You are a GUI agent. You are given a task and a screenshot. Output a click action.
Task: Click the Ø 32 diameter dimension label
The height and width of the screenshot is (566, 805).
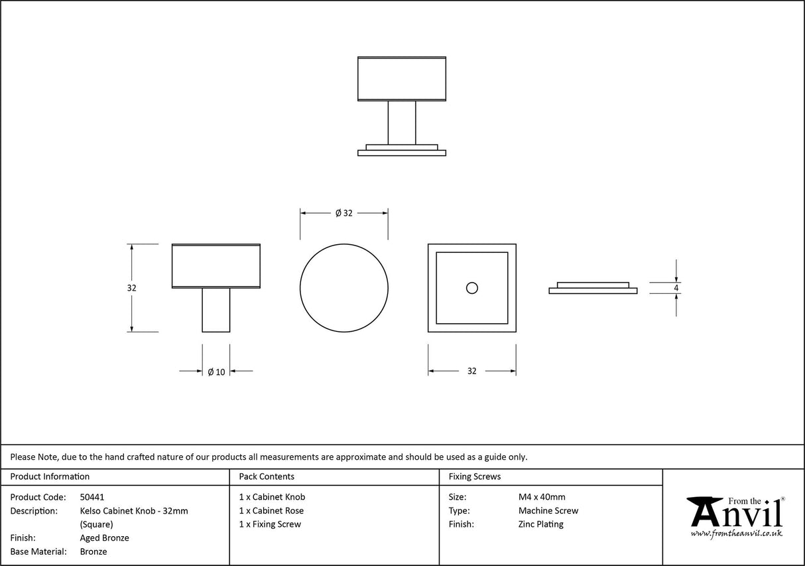click(343, 213)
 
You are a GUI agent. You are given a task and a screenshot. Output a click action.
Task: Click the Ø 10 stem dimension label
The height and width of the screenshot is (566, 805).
click(216, 372)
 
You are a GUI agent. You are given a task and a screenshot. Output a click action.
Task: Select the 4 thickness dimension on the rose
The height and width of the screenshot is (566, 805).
click(676, 288)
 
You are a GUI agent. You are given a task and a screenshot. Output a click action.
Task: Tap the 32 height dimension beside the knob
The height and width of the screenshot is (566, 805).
click(131, 288)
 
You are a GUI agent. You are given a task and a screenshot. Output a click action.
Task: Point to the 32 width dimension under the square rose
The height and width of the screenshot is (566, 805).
click(471, 372)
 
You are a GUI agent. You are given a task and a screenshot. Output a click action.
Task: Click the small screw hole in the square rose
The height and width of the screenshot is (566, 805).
click(471, 288)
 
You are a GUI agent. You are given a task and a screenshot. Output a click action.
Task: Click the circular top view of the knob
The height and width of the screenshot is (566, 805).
click(343, 288)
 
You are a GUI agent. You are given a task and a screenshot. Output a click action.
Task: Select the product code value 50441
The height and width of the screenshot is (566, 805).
click(92, 497)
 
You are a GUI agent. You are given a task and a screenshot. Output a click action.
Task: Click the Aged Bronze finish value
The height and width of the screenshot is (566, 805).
click(104, 538)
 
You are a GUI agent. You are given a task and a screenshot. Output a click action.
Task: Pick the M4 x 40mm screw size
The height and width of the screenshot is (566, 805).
click(542, 497)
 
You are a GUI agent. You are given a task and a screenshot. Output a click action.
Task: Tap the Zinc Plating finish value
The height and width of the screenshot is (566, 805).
click(541, 524)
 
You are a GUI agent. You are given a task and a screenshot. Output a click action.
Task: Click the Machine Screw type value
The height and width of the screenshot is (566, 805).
click(548, 511)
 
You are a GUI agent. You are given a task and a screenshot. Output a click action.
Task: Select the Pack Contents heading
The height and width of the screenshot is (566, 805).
click(267, 476)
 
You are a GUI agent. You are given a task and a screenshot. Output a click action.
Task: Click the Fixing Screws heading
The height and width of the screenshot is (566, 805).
click(475, 476)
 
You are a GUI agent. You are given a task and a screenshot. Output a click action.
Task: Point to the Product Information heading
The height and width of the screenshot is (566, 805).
click(50, 476)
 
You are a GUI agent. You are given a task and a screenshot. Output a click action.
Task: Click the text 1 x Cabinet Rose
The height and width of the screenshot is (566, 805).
click(271, 511)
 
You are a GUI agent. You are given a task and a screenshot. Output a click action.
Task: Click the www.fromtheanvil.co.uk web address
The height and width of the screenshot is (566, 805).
click(736, 533)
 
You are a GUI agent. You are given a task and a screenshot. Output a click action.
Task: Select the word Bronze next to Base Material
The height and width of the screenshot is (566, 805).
click(93, 551)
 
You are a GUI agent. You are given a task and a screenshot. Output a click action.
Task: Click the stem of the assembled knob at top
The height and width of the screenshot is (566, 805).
click(402, 121)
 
